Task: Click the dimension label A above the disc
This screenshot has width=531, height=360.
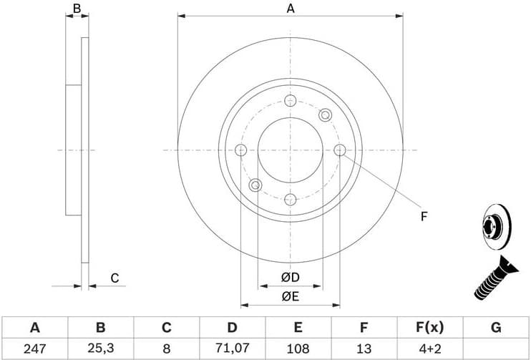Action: click(x=291, y=9)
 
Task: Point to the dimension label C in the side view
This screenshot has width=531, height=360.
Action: click(x=114, y=278)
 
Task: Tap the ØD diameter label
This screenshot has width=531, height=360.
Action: click(x=290, y=277)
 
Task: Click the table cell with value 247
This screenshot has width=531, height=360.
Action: click(x=34, y=349)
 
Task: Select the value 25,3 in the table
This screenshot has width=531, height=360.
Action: click(x=100, y=349)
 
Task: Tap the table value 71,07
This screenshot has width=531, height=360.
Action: click(x=232, y=349)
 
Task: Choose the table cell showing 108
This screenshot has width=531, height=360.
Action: click(x=298, y=349)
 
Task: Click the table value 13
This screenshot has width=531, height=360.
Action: click(x=364, y=349)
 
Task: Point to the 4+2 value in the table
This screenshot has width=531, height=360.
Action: click(x=429, y=349)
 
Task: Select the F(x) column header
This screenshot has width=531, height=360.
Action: click(x=429, y=328)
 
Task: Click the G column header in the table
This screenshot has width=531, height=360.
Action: click(x=495, y=328)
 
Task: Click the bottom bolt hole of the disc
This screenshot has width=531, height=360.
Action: click(x=290, y=200)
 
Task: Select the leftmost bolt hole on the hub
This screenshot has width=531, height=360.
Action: click(x=240, y=150)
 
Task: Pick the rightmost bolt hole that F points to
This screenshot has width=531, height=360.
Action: click(x=340, y=150)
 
